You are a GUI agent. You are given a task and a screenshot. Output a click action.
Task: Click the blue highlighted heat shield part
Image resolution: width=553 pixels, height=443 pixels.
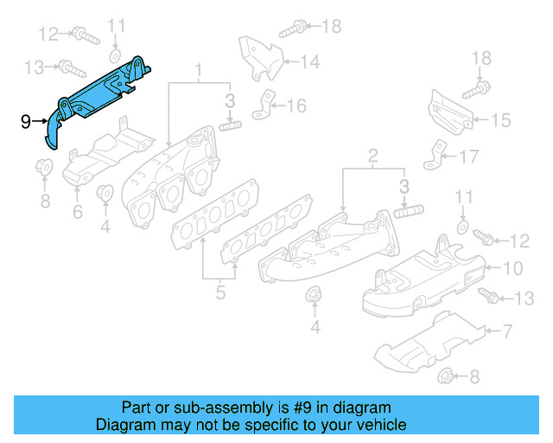pyautogui.click(x=99, y=95)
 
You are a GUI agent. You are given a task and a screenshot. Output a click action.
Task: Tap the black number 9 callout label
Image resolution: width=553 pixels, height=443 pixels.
pyautogui.click(x=25, y=121)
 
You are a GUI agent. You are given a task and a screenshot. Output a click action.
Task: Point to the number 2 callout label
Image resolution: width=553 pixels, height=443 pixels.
pyautogui.click(x=373, y=157)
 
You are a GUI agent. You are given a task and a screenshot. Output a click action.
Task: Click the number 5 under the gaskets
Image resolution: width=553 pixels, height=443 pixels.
pyautogui.click(x=220, y=294)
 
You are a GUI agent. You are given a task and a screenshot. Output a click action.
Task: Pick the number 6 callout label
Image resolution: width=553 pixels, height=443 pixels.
pyautogui.click(x=77, y=211)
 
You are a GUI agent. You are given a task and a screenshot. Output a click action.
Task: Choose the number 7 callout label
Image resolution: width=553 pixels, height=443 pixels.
pyautogui.click(x=507, y=330)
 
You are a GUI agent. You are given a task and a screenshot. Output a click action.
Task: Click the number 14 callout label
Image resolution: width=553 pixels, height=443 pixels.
pyautogui.click(x=310, y=61)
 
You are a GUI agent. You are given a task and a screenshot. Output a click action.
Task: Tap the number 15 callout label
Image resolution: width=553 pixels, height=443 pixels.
pyautogui.click(x=502, y=120)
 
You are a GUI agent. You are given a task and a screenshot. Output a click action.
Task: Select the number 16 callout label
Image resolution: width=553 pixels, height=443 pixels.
pyautogui.click(x=296, y=106)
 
